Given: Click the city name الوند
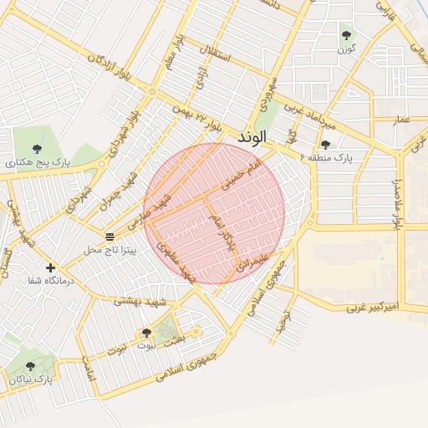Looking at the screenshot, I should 252,135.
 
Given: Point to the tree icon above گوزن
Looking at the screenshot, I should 346,35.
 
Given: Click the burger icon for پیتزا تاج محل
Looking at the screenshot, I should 110,236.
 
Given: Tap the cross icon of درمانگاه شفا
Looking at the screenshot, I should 51,268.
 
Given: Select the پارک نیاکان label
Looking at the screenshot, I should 32,380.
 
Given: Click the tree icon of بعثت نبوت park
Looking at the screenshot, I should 147,333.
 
